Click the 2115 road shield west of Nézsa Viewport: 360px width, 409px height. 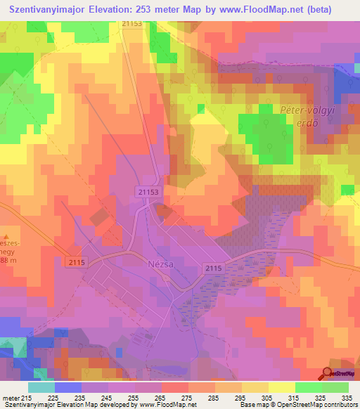click(x=77, y=262)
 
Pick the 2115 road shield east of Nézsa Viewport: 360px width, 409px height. click(x=214, y=268)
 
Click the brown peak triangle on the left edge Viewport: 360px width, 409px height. click(x=5, y=237)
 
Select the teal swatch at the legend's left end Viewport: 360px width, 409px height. click(x=41, y=387)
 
